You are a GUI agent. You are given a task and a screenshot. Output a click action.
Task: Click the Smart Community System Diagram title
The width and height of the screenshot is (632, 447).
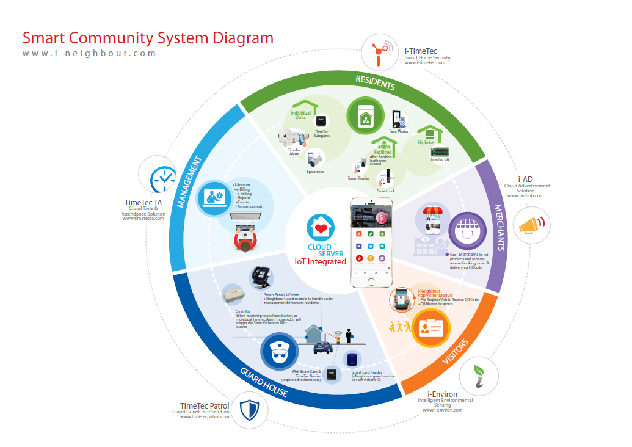[x=148, y=38]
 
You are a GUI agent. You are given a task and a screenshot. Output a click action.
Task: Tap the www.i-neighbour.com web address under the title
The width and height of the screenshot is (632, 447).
[x=90, y=53]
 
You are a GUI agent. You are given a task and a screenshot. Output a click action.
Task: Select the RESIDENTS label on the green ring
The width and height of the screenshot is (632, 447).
[x=375, y=82]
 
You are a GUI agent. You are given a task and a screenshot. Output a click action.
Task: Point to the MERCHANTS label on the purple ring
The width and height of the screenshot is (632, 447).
[x=499, y=226]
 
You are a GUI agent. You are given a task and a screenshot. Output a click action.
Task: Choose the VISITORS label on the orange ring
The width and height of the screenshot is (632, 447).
[x=453, y=351]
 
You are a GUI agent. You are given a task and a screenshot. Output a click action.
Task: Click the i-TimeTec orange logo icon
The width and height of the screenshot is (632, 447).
[x=380, y=53]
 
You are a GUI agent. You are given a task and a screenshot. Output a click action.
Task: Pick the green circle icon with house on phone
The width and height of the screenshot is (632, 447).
[x=366, y=117]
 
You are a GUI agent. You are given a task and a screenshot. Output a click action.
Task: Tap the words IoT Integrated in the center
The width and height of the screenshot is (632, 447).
[x=320, y=261]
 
